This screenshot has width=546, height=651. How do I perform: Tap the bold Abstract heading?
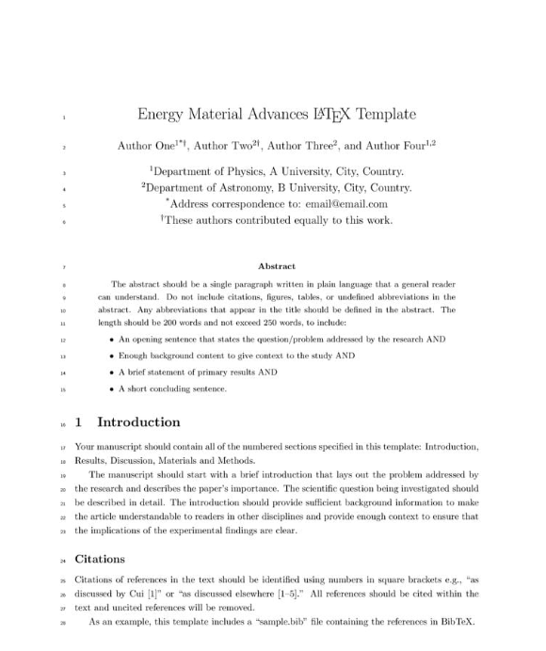pos(276,267)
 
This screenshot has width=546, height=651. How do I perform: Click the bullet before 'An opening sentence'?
pos(111,339)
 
